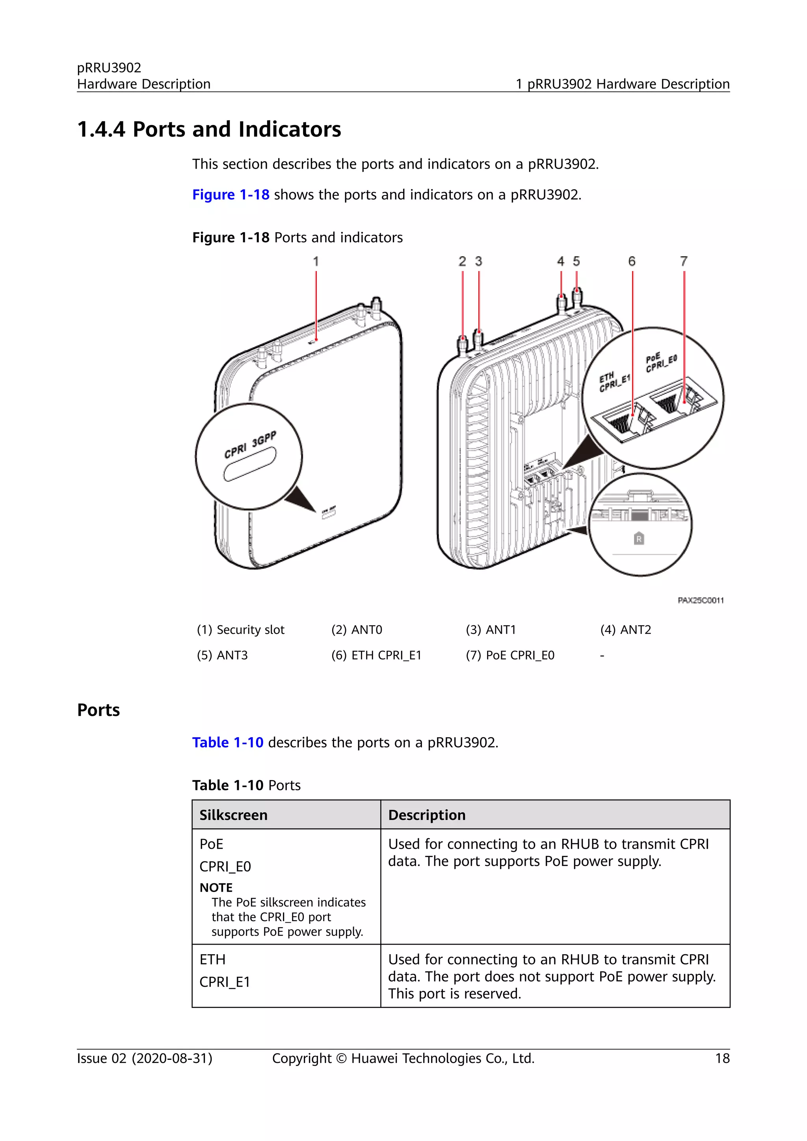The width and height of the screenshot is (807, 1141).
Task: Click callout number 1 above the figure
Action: [x=316, y=261]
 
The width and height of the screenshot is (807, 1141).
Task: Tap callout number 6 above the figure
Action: [x=632, y=261]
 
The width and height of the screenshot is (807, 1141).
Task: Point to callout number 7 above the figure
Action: [x=684, y=261]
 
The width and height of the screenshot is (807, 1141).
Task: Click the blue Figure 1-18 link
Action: [x=231, y=194]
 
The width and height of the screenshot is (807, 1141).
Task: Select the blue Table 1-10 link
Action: [x=228, y=742]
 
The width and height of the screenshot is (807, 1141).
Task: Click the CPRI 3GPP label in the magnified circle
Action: [x=250, y=445]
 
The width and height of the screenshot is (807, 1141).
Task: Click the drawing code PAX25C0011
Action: [x=700, y=600]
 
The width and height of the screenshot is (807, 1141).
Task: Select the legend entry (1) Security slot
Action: [x=240, y=630]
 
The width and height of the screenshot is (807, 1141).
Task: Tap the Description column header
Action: [x=426, y=815]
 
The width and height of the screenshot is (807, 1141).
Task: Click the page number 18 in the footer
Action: [x=722, y=1059]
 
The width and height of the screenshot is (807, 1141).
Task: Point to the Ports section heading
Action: [x=99, y=710]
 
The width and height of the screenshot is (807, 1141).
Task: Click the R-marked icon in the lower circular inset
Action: [x=639, y=538]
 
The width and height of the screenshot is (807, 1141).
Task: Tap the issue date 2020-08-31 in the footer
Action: [x=171, y=1059]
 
